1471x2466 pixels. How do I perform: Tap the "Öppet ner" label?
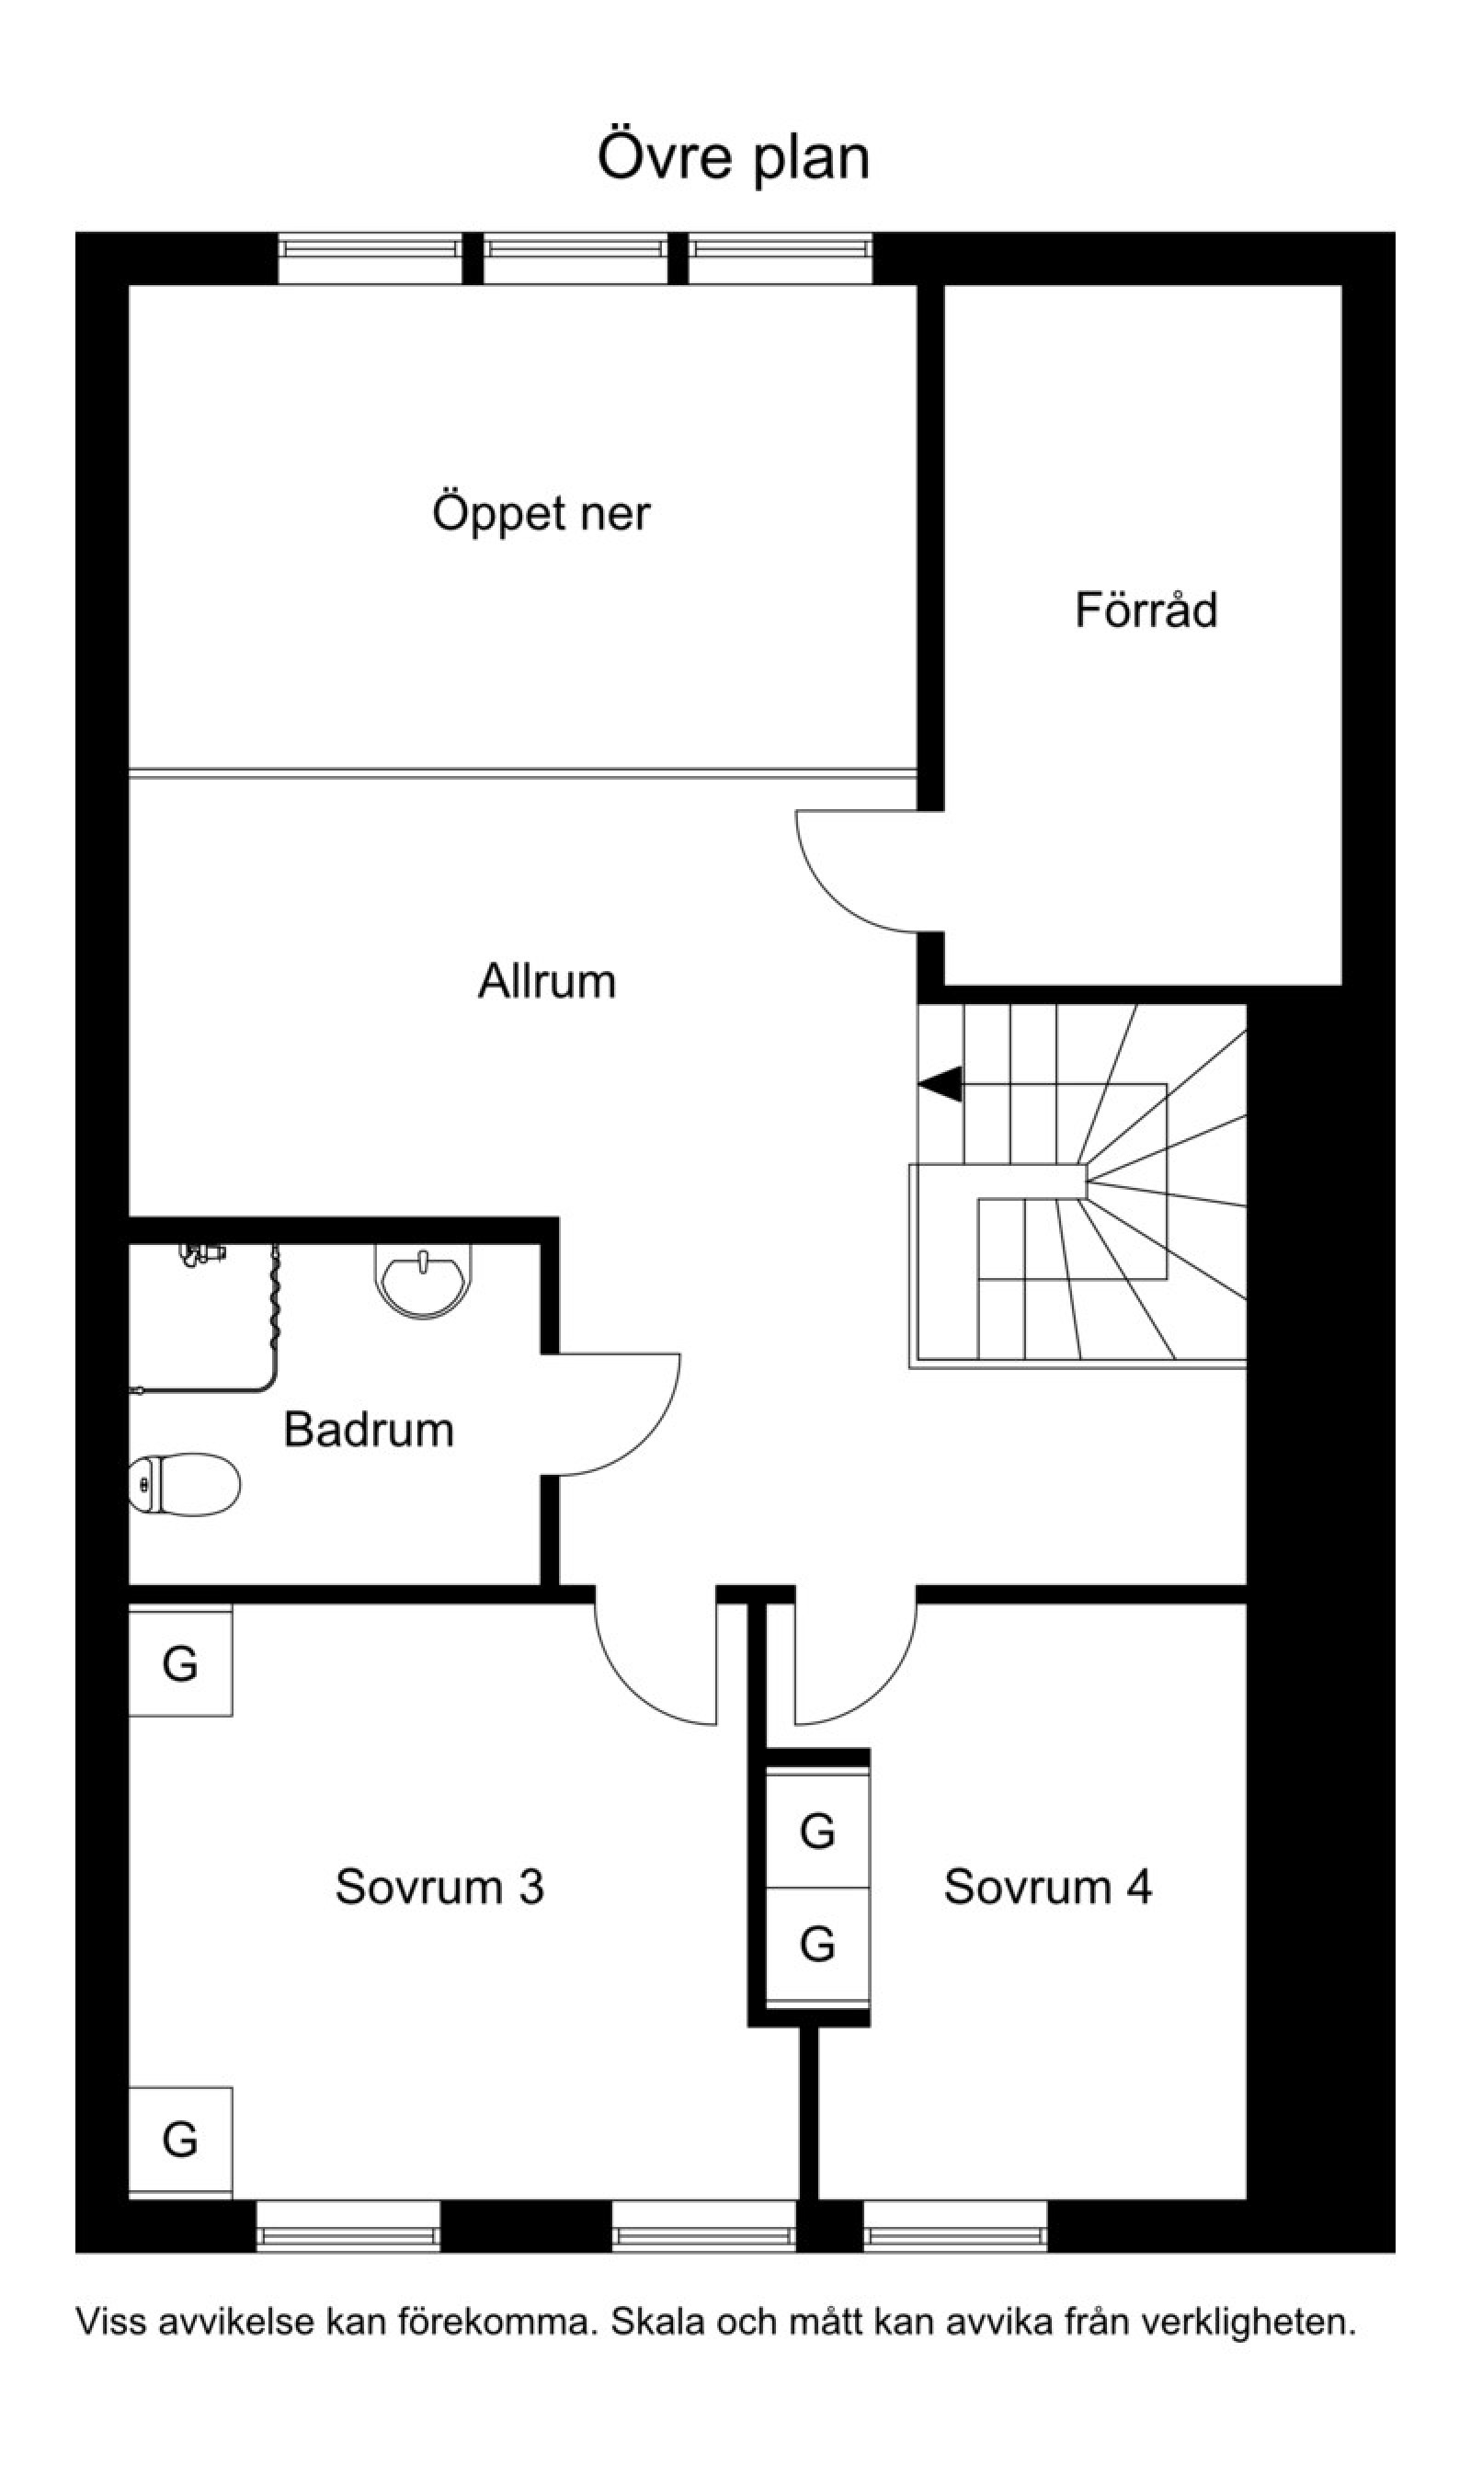point(542,514)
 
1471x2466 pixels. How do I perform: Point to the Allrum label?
point(547,981)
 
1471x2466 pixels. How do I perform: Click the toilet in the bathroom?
point(185,1484)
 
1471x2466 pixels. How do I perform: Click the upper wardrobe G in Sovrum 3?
point(180,1662)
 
